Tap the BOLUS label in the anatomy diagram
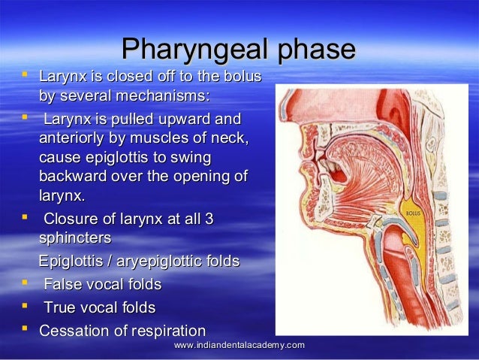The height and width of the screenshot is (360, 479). click(413, 213)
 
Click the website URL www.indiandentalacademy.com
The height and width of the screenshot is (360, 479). click(239, 344)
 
